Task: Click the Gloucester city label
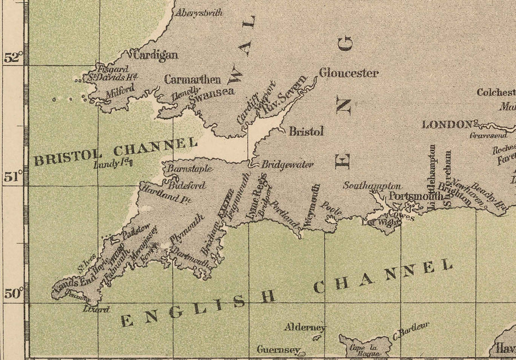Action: click(x=349, y=73)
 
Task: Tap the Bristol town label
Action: click(x=306, y=131)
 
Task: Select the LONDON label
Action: click(x=447, y=124)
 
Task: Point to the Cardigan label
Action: click(x=155, y=56)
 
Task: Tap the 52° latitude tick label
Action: click(x=13, y=58)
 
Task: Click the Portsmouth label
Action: click(x=416, y=197)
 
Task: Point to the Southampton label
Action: click(x=372, y=186)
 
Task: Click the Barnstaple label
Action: click(x=190, y=169)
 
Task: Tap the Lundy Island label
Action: click(x=113, y=165)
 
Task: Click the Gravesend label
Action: click(x=488, y=136)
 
